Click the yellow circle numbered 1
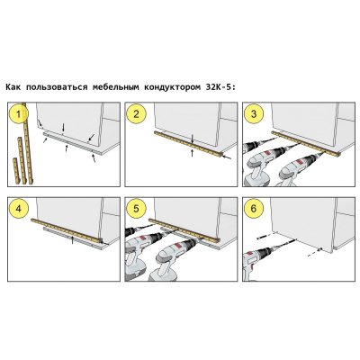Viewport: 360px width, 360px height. click(19, 114)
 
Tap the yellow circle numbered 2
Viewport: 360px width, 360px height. click(137, 114)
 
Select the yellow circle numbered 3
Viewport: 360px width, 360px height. click(254, 114)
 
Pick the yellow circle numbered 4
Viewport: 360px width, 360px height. click(19, 209)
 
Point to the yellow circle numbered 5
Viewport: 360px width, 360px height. click(137, 209)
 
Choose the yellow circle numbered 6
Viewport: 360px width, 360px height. click(254, 209)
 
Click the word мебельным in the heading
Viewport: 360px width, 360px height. click(116, 87)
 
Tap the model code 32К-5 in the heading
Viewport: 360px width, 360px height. click(219, 87)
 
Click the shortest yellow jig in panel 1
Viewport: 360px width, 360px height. click(16, 171)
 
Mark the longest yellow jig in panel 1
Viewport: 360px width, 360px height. click(27, 143)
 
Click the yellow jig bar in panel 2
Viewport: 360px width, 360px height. click(188, 144)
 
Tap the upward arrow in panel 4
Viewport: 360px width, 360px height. click(72, 239)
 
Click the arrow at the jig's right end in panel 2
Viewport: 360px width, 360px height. click(227, 157)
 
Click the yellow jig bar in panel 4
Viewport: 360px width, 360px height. click(67, 230)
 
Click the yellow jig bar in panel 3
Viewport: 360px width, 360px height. click(306, 144)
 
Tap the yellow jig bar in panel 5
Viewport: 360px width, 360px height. click(184, 230)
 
